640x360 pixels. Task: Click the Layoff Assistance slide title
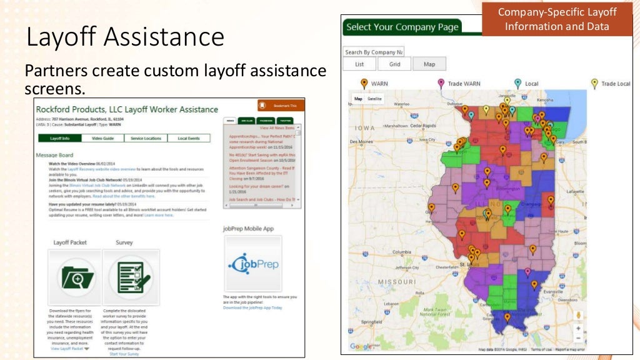pos(125,37)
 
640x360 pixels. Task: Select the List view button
pos(359,64)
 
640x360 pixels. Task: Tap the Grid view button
pos(394,64)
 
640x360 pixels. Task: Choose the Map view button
pos(429,64)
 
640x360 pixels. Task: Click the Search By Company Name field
pos(374,52)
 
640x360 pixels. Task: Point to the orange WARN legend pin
pos(364,83)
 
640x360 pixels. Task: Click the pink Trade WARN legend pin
pos(441,83)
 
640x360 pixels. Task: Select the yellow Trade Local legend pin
pos(594,83)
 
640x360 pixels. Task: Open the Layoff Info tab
pos(59,138)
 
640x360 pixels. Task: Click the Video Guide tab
pos(102,138)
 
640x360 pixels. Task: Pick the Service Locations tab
pos(146,138)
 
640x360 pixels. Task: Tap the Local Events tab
pos(189,138)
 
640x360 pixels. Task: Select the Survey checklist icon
pos(130,276)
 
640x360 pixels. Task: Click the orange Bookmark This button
pos(281,106)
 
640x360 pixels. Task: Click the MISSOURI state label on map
pos(396,282)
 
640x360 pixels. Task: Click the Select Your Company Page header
pos(402,27)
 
